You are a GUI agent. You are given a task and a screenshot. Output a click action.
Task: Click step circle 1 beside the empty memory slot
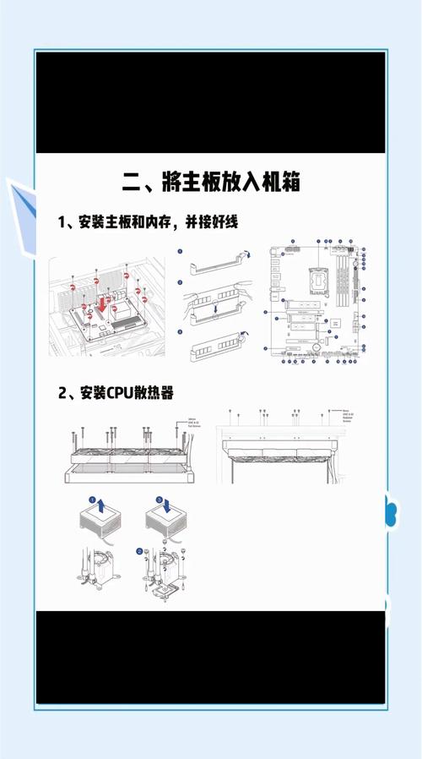click(180, 252)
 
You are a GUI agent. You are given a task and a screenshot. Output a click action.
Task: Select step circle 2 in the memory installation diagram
click(180, 283)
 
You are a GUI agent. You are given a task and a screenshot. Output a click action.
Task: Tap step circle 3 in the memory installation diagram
click(180, 331)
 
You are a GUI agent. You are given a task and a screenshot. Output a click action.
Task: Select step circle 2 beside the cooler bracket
click(140, 552)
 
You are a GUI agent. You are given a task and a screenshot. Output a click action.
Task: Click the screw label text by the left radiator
click(195, 427)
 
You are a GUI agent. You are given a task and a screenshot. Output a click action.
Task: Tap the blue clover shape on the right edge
click(391, 511)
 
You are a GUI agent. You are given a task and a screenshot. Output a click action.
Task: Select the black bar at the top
click(210, 102)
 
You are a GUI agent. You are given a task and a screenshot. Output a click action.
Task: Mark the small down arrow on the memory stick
click(217, 309)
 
